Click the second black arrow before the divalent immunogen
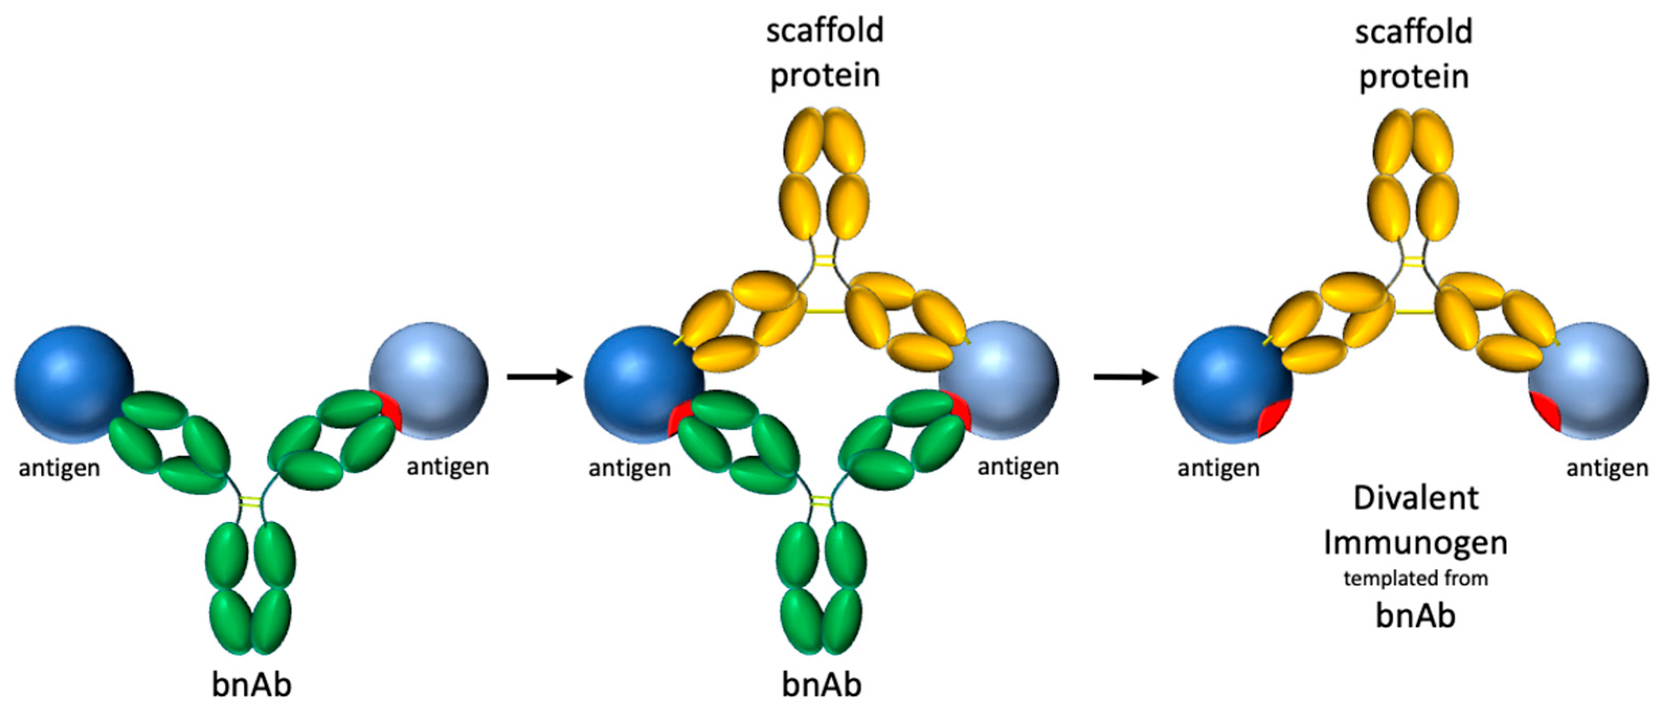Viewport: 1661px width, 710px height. pyautogui.click(x=1126, y=376)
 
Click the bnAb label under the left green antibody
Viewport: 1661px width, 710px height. pyautogui.click(x=252, y=684)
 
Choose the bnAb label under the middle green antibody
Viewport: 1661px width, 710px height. pyautogui.click(x=821, y=684)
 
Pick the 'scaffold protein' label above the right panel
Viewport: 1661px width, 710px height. pyautogui.click(x=1414, y=54)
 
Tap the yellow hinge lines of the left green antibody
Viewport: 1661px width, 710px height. pyautogui.click(x=250, y=502)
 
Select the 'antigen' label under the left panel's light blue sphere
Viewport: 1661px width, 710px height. pyautogui.click(x=447, y=466)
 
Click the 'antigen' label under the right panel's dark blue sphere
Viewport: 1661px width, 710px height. pyautogui.click(x=1218, y=468)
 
